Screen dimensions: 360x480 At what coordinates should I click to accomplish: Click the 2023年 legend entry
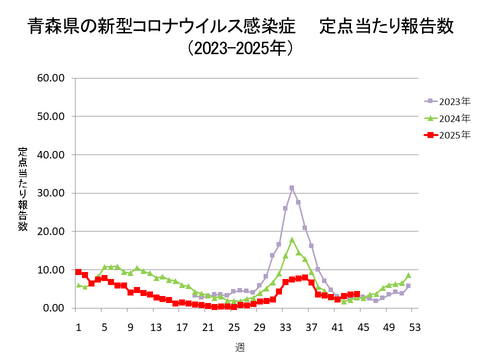point(453,101)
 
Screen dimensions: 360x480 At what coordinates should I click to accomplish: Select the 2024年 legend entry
point(453,117)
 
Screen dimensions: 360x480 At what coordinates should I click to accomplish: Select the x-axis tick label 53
point(414,326)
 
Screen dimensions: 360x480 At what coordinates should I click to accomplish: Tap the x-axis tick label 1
point(78,326)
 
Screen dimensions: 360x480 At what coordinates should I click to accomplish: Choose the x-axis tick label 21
point(207,326)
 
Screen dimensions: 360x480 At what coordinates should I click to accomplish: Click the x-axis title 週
point(240,347)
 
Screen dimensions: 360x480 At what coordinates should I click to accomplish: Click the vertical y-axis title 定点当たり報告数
point(22,190)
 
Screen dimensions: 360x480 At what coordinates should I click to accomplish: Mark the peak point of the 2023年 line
point(292,188)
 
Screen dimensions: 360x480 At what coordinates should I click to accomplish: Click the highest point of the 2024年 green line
point(292,240)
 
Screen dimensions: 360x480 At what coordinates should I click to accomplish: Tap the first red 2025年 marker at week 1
point(78,272)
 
